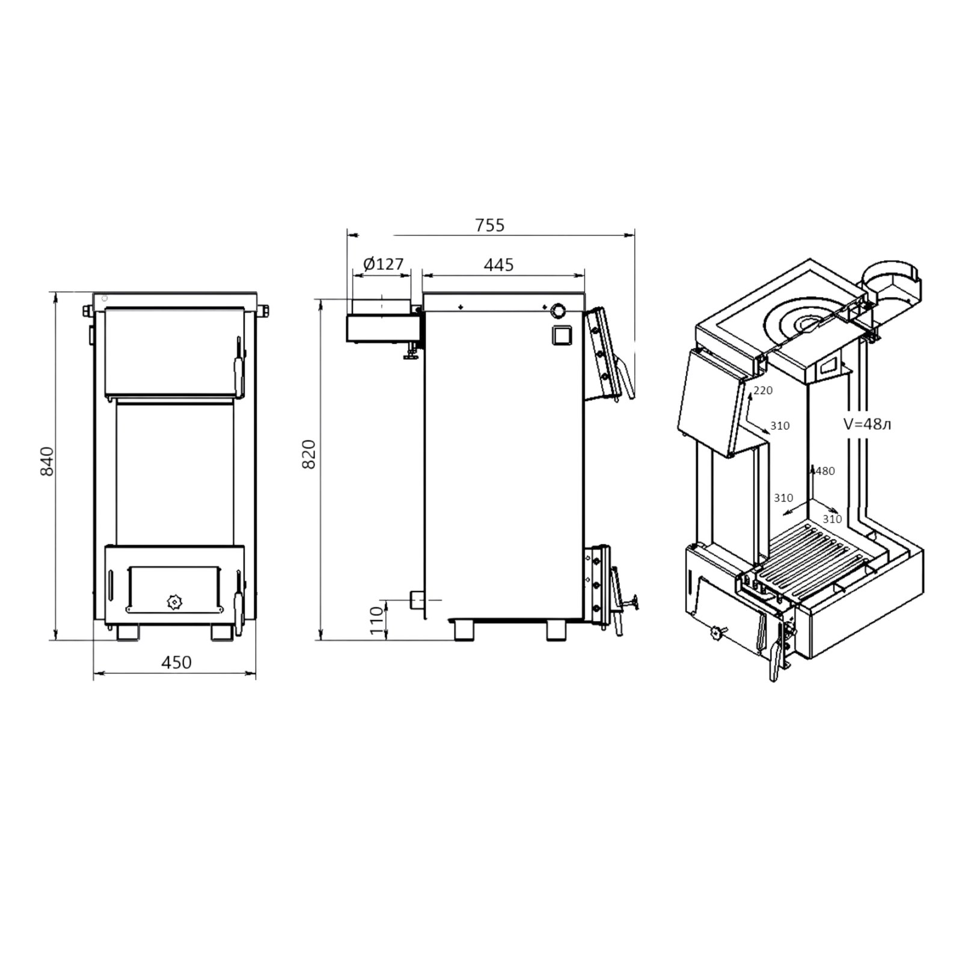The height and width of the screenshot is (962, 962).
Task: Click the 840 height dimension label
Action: (x=47, y=462)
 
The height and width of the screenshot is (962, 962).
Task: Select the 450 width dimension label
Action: (x=177, y=662)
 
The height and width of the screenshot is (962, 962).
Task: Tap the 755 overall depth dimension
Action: (x=490, y=225)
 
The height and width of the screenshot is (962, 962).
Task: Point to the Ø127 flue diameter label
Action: (x=384, y=264)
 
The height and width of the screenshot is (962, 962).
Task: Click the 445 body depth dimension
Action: (x=498, y=264)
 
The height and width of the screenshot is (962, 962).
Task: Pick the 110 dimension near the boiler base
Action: (x=376, y=620)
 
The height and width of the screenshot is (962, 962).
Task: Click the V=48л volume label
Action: (x=866, y=424)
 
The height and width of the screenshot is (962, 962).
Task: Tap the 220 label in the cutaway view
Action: (x=762, y=391)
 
